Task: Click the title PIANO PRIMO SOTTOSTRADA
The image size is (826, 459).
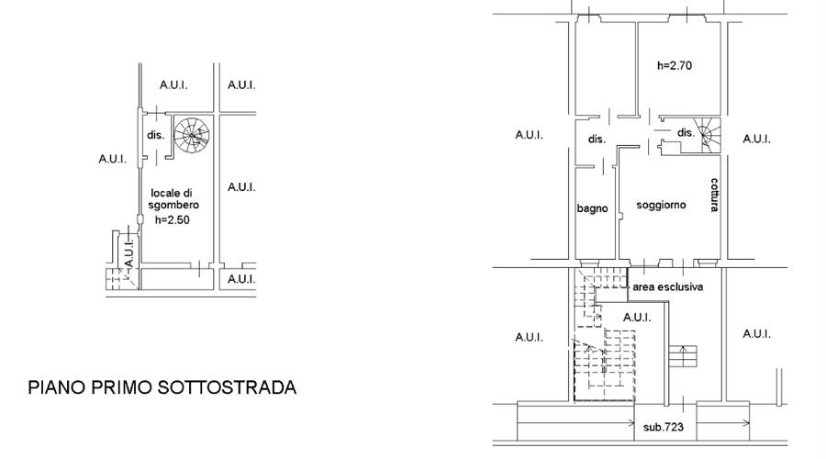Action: tap(162, 387)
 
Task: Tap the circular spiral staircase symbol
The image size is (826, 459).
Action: tap(192, 135)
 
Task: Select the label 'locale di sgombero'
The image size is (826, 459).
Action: tap(173, 198)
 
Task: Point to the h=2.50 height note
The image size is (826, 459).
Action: tap(173, 219)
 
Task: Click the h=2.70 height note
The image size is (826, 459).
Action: tap(675, 65)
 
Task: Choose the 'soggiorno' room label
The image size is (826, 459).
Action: tap(661, 205)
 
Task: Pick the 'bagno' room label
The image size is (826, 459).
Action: tap(592, 208)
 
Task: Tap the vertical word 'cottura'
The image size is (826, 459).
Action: tap(714, 195)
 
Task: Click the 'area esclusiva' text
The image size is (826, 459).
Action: tap(667, 287)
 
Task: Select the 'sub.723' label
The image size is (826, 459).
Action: tap(664, 426)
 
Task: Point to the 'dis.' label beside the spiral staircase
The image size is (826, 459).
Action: tap(155, 135)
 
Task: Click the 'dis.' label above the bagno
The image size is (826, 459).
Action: tap(597, 140)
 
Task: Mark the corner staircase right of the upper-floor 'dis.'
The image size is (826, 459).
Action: tap(707, 135)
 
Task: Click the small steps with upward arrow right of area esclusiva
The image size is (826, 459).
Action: tap(683, 355)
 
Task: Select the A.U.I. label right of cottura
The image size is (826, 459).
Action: tap(756, 140)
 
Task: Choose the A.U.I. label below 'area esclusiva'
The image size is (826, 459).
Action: tap(637, 318)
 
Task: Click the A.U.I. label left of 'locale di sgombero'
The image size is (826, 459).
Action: tap(112, 159)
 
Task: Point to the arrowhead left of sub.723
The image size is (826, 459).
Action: tap(631, 422)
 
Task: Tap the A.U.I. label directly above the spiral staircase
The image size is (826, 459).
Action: tap(173, 84)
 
